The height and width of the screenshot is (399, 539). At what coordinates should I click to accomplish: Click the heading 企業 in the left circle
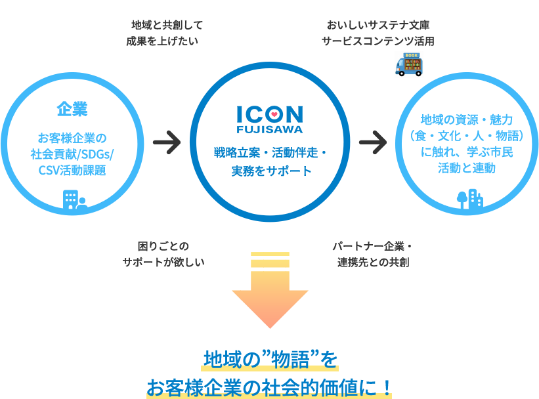(72, 109)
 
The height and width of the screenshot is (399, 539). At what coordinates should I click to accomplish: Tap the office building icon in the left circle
(74, 199)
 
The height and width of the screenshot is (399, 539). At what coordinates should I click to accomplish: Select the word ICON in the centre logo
(270, 114)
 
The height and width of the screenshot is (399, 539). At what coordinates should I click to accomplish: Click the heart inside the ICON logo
(274, 114)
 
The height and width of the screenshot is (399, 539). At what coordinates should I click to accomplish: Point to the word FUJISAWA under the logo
(270, 129)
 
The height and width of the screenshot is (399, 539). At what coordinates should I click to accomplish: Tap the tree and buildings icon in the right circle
(469, 198)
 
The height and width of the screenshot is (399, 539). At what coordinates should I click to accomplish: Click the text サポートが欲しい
(163, 262)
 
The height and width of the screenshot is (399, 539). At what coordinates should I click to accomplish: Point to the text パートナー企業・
(372, 247)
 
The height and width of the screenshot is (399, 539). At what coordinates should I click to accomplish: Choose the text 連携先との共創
(374, 262)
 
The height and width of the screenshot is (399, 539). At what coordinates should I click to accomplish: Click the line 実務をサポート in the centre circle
(270, 172)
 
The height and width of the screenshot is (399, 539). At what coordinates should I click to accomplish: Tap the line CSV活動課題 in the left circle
(72, 171)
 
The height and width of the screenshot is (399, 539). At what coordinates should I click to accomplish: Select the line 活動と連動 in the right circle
(467, 168)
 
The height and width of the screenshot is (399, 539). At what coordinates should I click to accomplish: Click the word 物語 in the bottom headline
(290, 360)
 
